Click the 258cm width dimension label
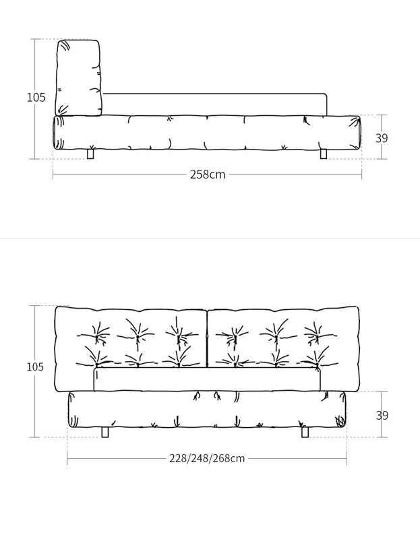click(208, 175)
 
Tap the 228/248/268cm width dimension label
click(207, 459)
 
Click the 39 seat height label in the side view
click(382, 138)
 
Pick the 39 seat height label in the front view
click(382, 416)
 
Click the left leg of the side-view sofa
click(91, 154)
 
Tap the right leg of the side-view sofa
click(323, 154)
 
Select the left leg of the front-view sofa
click(105, 431)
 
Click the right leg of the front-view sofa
click(305, 431)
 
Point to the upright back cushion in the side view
click(78, 77)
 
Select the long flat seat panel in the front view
click(207, 380)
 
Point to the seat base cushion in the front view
click(207, 410)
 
